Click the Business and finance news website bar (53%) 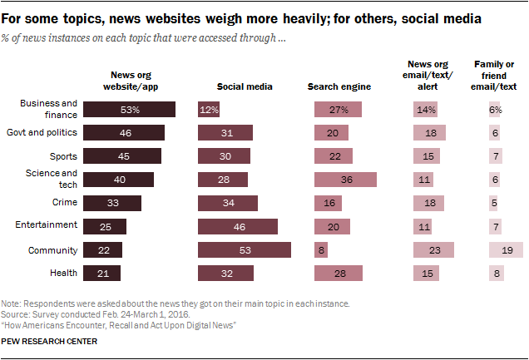130,110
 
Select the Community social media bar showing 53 244,249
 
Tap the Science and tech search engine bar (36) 345,180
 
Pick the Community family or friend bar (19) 506,249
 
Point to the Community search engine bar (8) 321,249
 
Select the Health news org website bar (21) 102,273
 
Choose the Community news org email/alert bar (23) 433,249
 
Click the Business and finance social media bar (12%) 208,110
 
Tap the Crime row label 65,201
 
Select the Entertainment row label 47,224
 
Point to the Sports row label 64,155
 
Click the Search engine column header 339,86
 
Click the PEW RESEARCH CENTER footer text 50,342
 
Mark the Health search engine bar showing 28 339,273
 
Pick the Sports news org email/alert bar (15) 428,156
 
